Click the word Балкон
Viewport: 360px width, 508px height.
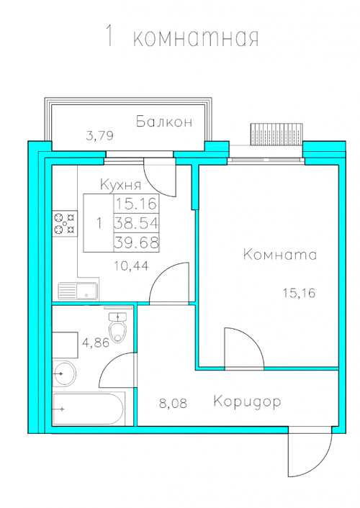click(164, 122)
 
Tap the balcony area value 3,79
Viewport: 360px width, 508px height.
click(99, 135)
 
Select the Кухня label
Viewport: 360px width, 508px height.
click(121, 185)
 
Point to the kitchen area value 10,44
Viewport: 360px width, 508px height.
click(131, 266)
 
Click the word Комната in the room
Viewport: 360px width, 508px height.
click(280, 254)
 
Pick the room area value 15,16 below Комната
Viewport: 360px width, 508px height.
click(299, 293)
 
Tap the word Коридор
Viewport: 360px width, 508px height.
click(247, 402)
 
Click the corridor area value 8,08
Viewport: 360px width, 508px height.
click(174, 404)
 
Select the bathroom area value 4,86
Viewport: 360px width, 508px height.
click(96, 343)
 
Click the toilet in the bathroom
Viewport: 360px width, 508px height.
click(117, 327)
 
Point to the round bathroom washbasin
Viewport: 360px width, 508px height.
click(64, 373)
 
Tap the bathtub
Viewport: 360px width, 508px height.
click(89, 409)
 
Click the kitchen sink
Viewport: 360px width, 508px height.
click(78, 291)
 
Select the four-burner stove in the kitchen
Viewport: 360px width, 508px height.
click(66, 223)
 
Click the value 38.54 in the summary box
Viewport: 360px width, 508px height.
click(137, 223)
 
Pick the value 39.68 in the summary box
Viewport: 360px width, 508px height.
click(137, 242)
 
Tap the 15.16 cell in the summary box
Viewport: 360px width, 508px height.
click(137, 204)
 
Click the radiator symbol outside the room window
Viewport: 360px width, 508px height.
click(276, 134)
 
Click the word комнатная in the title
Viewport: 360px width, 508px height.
click(196, 38)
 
